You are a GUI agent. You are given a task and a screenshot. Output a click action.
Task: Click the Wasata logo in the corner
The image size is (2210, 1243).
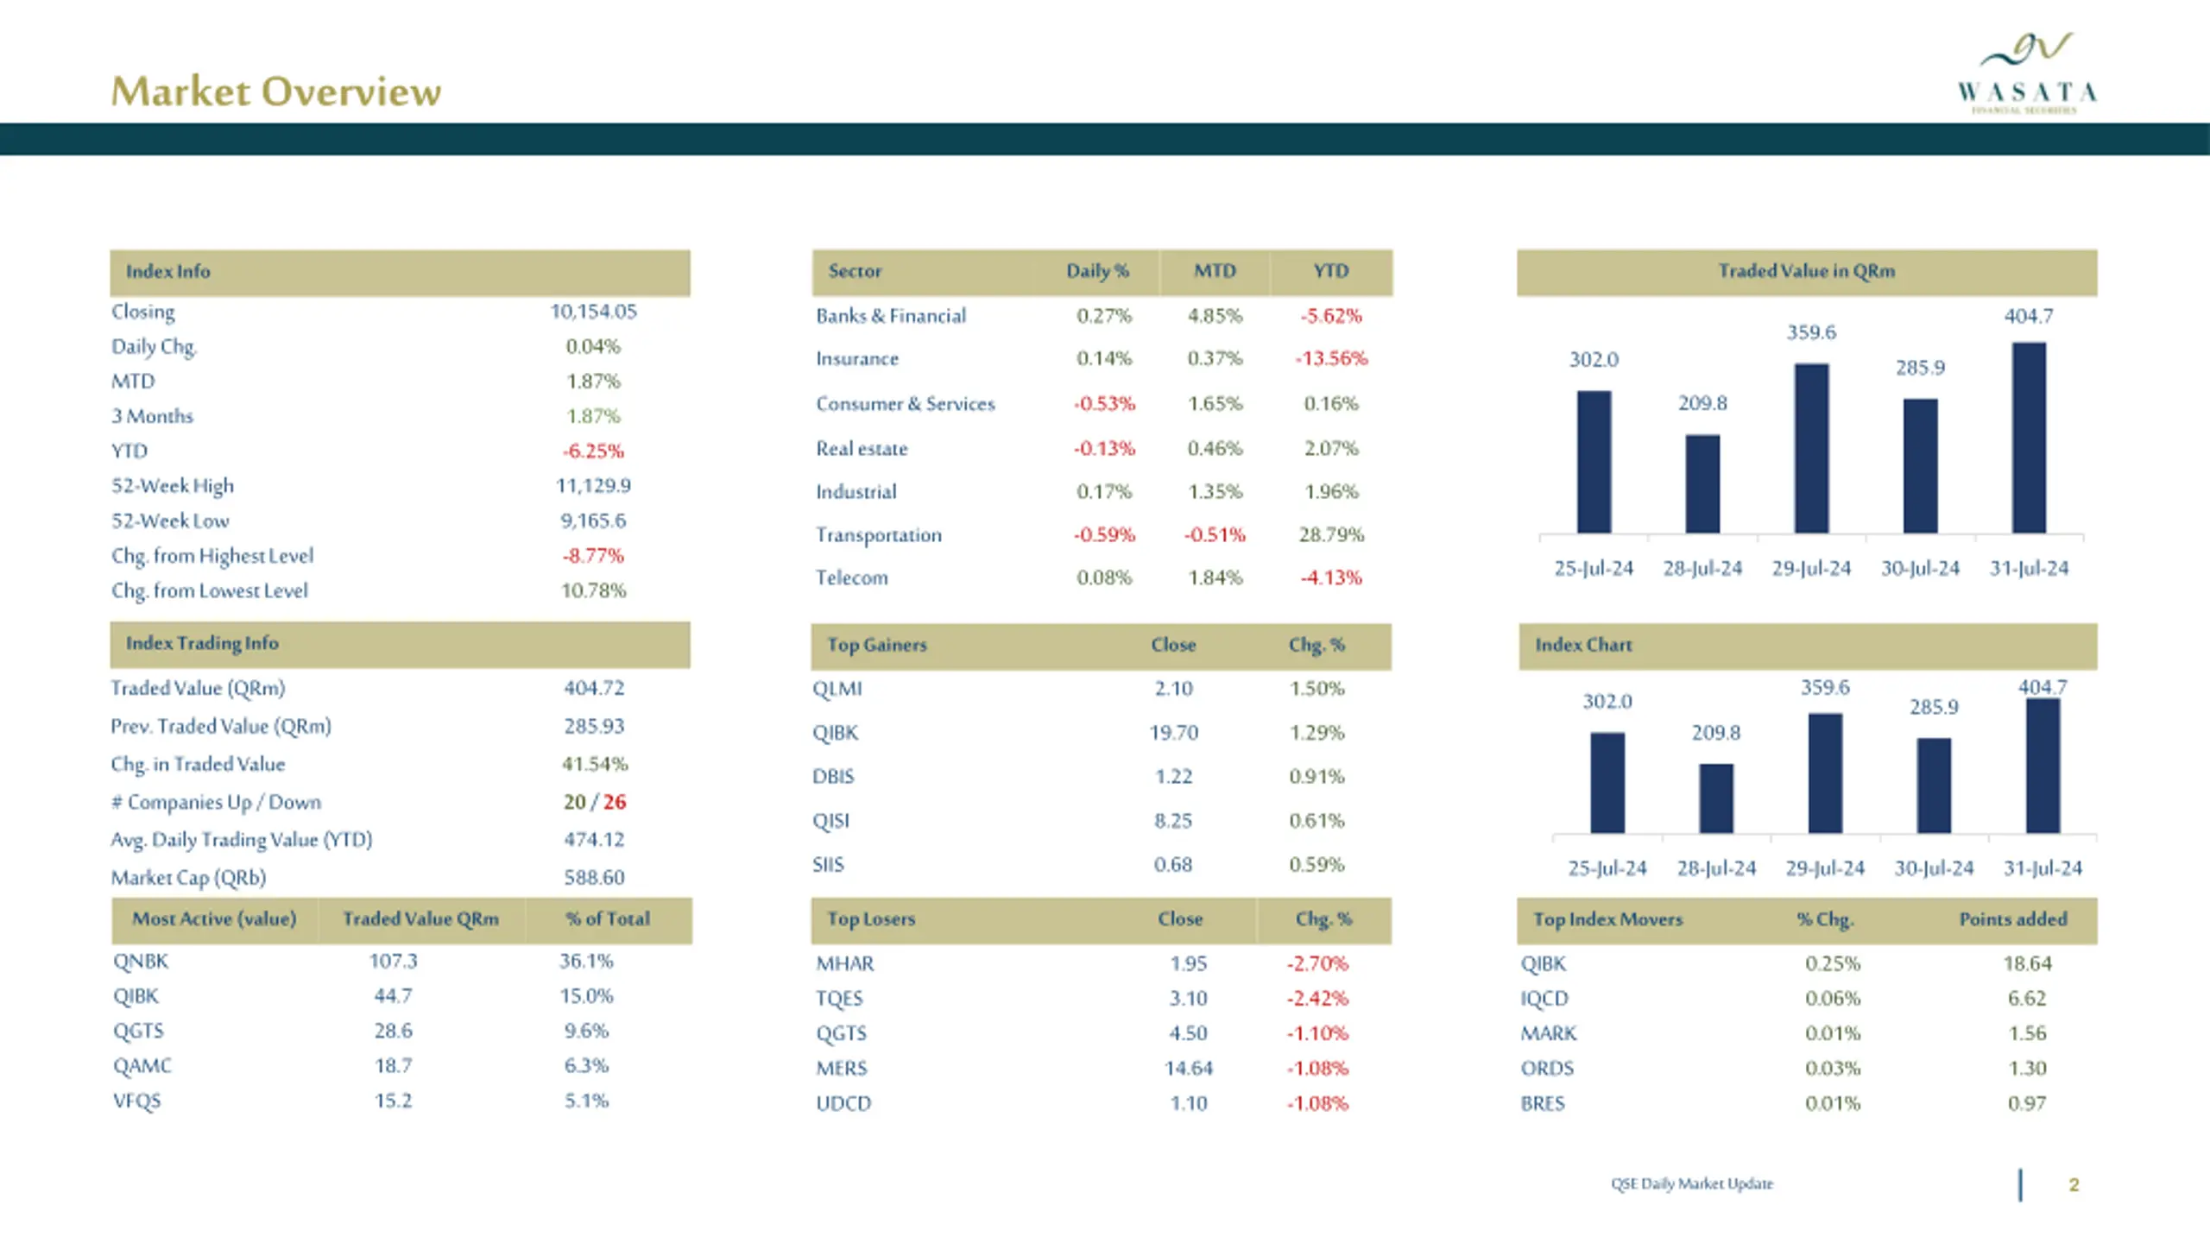click(2027, 74)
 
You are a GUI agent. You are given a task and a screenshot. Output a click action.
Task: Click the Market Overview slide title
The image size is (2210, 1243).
click(276, 91)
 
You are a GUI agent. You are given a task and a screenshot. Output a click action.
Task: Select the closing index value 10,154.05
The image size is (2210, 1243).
click(593, 312)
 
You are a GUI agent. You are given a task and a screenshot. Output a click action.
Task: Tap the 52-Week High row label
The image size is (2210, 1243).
click(173, 486)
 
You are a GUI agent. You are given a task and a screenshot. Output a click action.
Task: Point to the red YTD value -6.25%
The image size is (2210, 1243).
click(593, 451)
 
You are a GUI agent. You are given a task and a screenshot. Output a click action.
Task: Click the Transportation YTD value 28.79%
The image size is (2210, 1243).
click(1331, 534)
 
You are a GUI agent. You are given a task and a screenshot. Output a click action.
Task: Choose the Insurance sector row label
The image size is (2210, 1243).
click(857, 358)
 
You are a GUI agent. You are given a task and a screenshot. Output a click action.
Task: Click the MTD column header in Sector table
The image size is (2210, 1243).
click(1215, 271)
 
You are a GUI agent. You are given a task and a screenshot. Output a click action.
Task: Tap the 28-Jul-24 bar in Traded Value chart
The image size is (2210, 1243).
click(1702, 483)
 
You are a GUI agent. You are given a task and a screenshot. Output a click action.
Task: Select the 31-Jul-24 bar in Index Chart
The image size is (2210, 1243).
click(2043, 767)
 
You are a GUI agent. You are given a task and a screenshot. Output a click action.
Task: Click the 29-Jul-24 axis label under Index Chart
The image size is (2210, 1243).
click(1825, 868)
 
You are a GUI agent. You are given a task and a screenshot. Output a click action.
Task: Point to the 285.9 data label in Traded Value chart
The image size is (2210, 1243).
click(1920, 368)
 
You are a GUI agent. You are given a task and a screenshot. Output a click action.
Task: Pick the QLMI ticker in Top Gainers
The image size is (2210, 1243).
click(837, 689)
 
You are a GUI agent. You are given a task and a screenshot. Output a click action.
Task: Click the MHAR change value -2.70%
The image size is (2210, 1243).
click(1317, 963)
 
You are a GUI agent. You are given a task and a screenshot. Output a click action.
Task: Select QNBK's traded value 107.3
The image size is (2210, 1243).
click(393, 962)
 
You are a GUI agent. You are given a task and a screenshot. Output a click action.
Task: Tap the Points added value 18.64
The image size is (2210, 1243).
click(2027, 963)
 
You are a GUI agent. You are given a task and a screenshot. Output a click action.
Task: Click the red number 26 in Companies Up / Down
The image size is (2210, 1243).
click(615, 802)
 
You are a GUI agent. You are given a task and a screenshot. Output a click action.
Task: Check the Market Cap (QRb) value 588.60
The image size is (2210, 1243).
click(594, 878)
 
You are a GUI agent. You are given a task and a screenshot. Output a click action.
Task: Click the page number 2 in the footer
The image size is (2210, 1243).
click(2074, 1185)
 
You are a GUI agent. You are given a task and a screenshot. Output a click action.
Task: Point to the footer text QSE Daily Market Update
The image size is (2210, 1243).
click(1692, 1183)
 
